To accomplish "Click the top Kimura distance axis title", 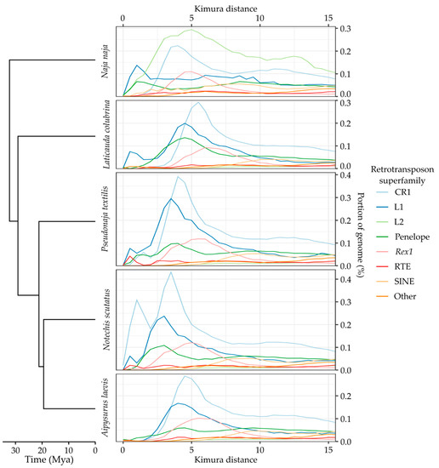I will [225, 6].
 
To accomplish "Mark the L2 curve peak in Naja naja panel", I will [192, 31].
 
